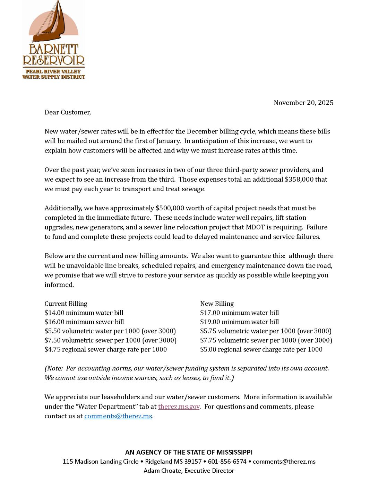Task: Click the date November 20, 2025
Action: (303, 103)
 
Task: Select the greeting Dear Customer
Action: (67, 112)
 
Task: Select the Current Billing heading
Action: (66, 304)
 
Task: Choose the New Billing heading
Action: (217, 304)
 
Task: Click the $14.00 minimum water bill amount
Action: (54, 313)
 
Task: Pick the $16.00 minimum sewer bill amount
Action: (54, 322)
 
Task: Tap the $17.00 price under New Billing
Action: (210, 313)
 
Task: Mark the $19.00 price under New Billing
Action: (210, 322)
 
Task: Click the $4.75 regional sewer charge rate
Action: (52, 350)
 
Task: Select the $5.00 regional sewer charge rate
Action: (208, 350)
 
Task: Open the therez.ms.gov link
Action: (179, 407)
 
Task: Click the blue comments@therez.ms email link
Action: (118, 416)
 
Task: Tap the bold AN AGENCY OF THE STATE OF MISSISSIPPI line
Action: (189, 452)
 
